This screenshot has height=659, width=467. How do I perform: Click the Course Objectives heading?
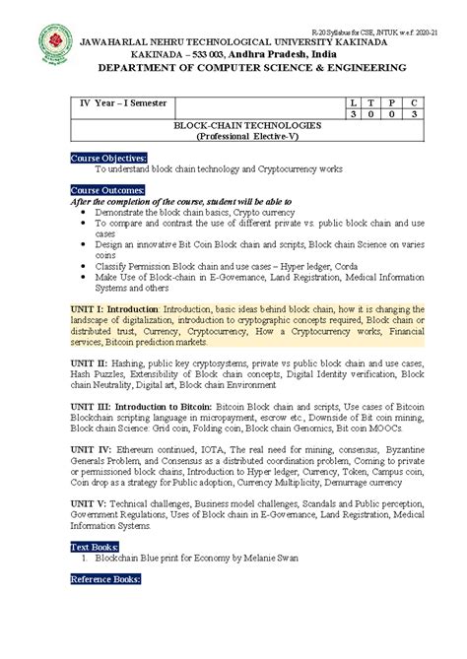(108, 158)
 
